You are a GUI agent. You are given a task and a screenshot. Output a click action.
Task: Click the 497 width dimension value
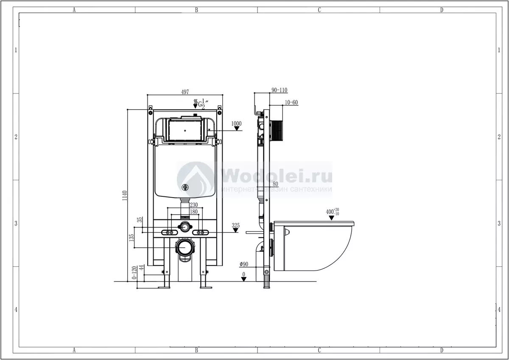coord(185,92)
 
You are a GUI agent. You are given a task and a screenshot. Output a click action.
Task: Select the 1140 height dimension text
coord(125,195)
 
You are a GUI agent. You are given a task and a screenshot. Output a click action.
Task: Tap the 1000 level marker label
coord(236,123)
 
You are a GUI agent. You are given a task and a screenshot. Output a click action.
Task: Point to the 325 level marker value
coord(236,225)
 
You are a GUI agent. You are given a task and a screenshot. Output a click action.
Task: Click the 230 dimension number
coord(193,205)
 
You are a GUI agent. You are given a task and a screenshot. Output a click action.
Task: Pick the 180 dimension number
coord(193,212)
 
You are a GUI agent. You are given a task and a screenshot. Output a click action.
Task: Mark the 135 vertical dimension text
coord(131,238)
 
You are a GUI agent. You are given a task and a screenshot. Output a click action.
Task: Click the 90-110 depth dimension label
coord(280,90)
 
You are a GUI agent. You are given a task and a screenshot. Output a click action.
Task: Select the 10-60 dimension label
coord(291,103)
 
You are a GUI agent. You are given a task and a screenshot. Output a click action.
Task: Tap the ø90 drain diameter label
coord(244,264)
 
